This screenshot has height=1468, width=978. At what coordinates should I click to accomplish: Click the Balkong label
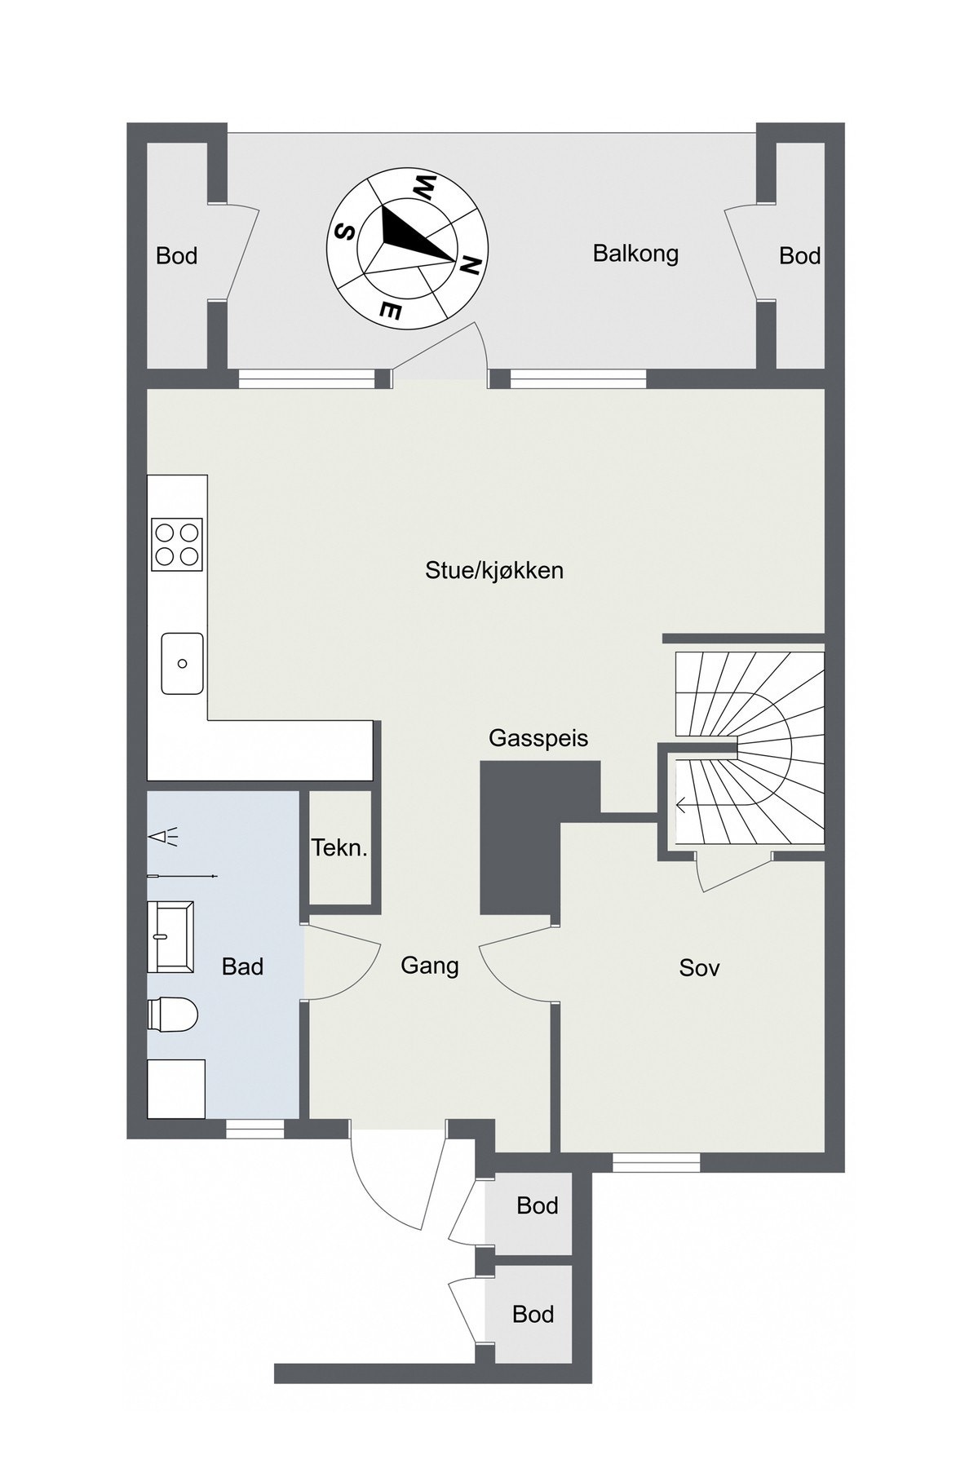pyautogui.click(x=635, y=254)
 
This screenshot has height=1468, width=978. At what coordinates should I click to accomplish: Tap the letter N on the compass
pyautogui.click(x=471, y=265)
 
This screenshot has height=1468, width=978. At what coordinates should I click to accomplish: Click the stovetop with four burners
pyautogui.click(x=177, y=544)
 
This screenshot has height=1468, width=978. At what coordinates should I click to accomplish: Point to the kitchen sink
pyautogui.click(x=182, y=663)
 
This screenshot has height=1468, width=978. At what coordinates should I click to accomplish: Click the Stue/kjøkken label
pyautogui.click(x=494, y=570)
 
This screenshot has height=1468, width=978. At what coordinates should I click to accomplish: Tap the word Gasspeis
pyautogui.click(x=538, y=739)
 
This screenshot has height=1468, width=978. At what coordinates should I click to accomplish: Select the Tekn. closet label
pyautogui.click(x=339, y=848)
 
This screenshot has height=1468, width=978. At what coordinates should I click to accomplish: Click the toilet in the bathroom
pyautogui.click(x=173, y=1016)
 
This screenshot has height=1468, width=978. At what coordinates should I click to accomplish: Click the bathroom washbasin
pyautogui.click(x=170, y=936)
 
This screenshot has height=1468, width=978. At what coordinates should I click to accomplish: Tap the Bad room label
pyautogui.click(x=242, y=967)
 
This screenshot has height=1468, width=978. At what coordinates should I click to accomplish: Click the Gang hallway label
pyautogui.click(x=430, y=966)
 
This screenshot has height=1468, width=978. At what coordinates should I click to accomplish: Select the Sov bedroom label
pyautogui.click(x=699, y=968)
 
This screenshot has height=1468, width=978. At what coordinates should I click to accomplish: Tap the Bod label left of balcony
pyautogui.click(x=176, y=256)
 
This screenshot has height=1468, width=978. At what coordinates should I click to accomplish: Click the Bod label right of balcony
pyautogui.click(x=799, y=256)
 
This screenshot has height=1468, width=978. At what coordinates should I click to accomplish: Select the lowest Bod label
pyautogui.click(x=533, y=1314)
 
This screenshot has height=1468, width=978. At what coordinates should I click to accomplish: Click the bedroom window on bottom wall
pyautogui.click(x=656, y=1162)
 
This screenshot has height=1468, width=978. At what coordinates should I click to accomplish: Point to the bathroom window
pyautogui.click(x=254, y=1129)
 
